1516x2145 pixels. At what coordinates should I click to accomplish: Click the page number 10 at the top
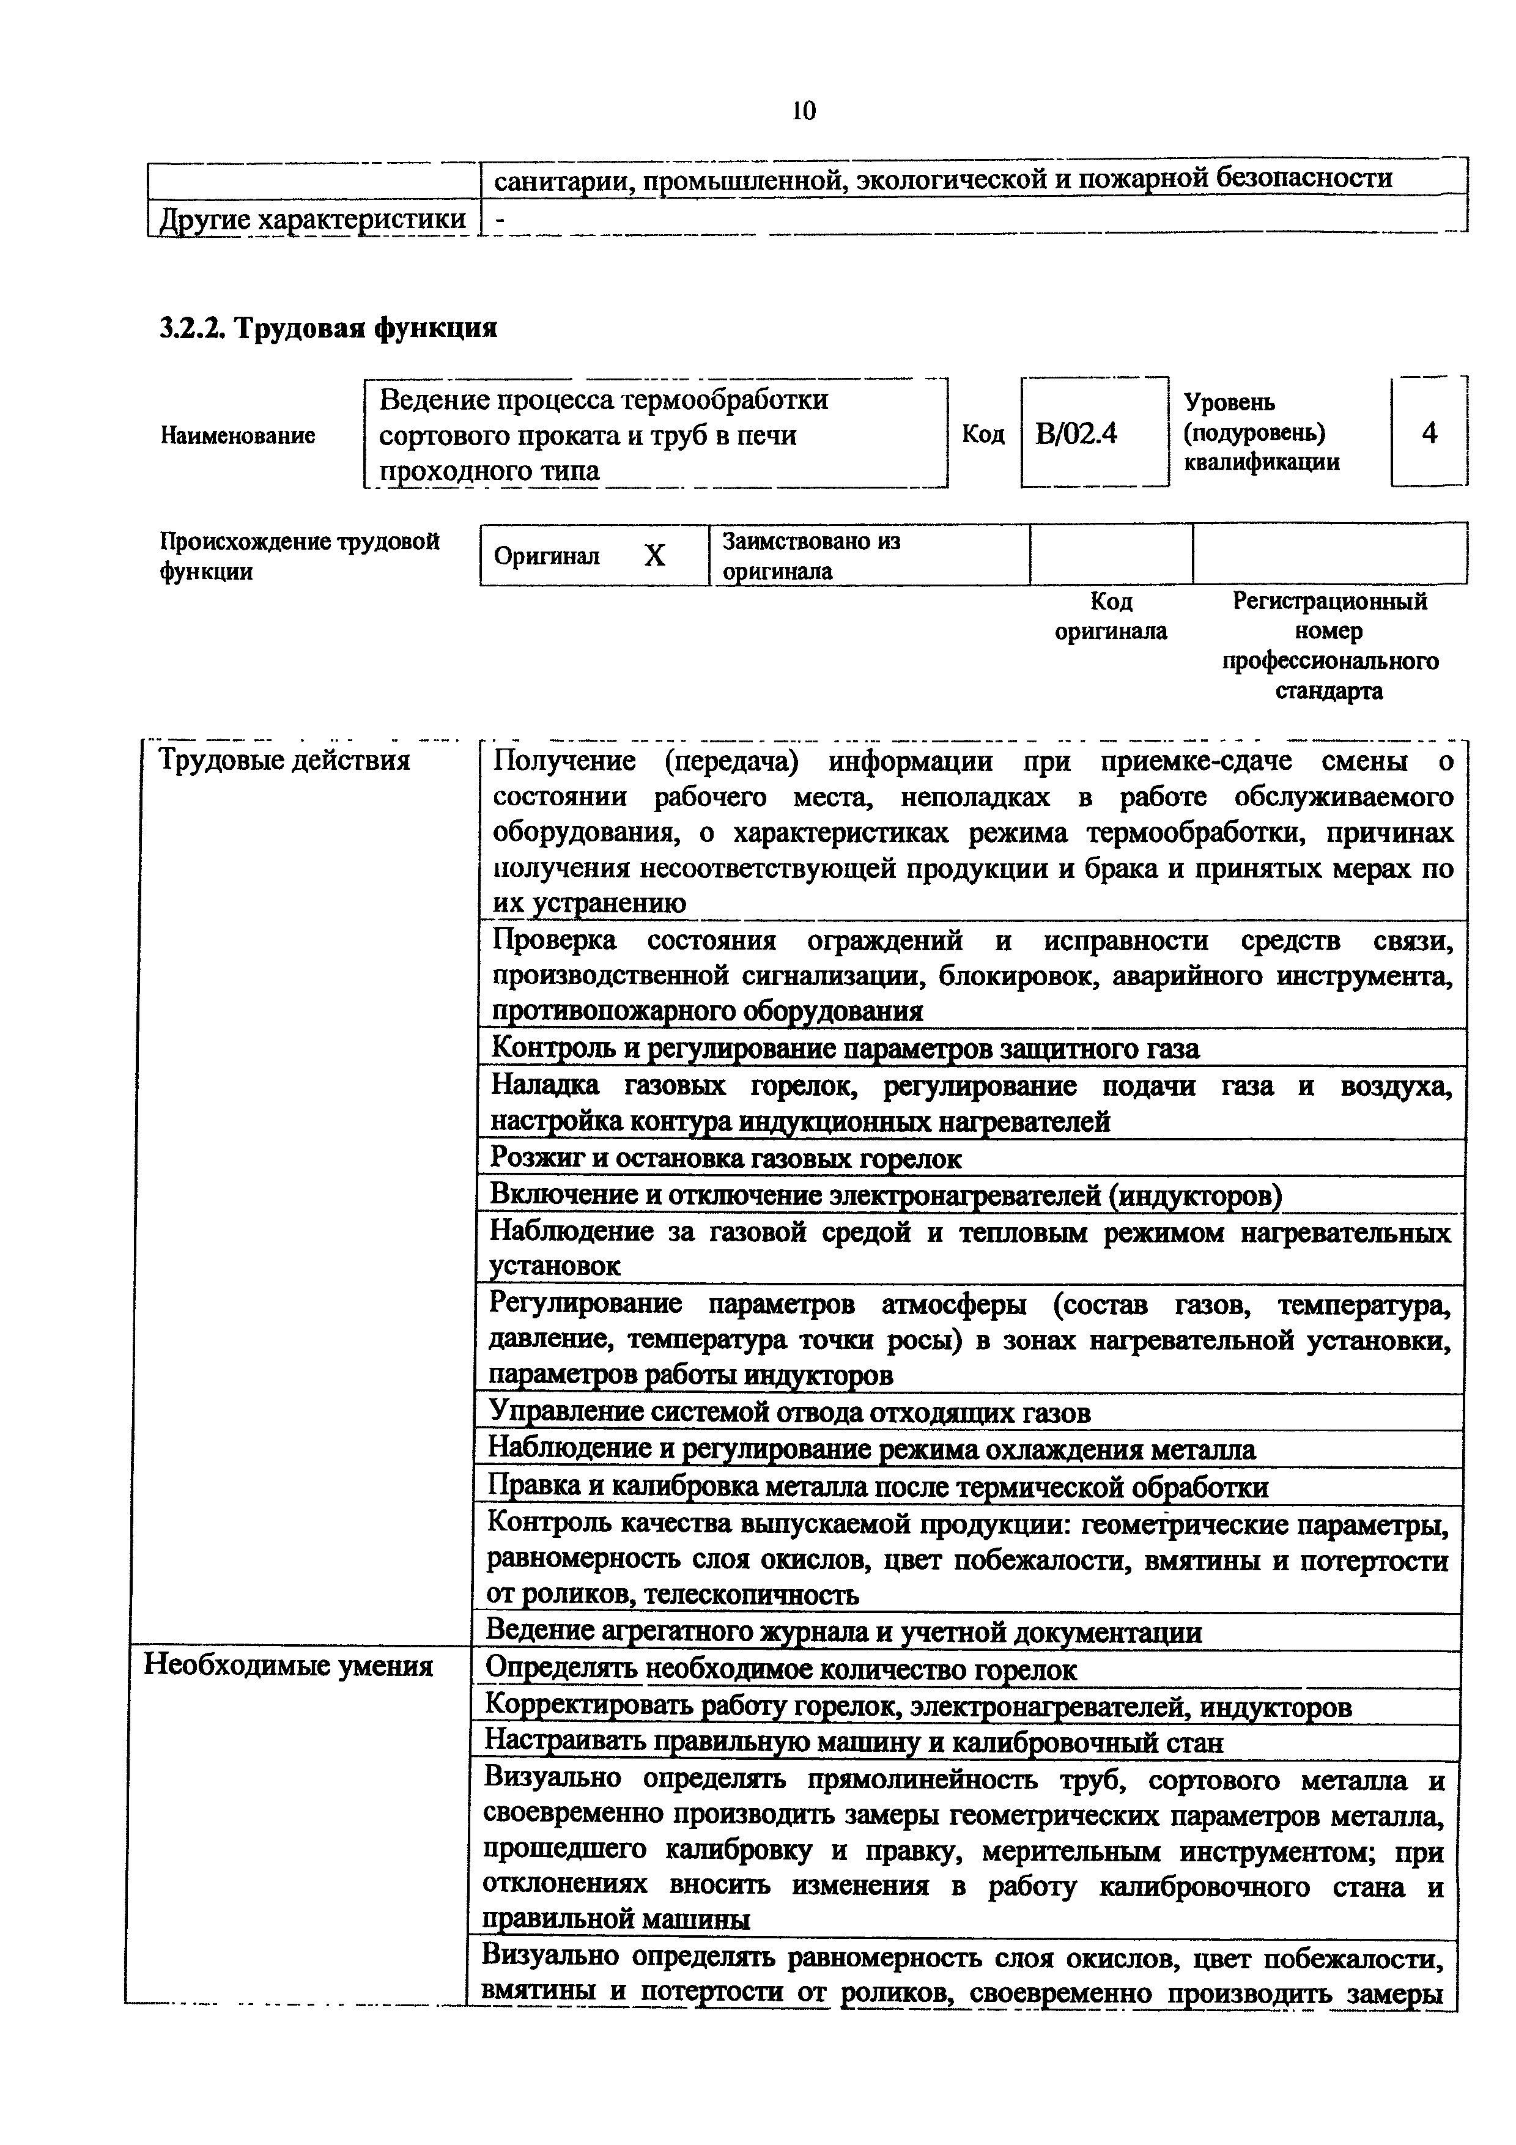[804, 111]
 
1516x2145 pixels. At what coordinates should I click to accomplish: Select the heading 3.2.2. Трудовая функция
[328, 328]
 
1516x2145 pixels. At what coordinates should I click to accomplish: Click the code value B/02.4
[1076, 434]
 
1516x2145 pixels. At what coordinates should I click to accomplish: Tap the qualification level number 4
[1428, 432]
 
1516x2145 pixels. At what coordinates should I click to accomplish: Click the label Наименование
[238, 435]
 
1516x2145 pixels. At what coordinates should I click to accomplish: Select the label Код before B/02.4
[983, 434]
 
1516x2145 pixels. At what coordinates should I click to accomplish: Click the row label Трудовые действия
[285, 761]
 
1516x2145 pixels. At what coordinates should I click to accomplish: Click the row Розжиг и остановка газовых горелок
[726, 1159]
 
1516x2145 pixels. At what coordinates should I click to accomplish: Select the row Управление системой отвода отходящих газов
[790, 1412]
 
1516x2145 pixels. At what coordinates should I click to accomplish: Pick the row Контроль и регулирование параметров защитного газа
[845, 1048]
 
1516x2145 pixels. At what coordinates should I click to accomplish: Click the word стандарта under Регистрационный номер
[1329, 692]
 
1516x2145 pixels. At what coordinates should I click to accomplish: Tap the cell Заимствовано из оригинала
[811, 556]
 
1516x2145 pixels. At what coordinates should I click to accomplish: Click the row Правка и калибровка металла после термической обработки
[878, 1486]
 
